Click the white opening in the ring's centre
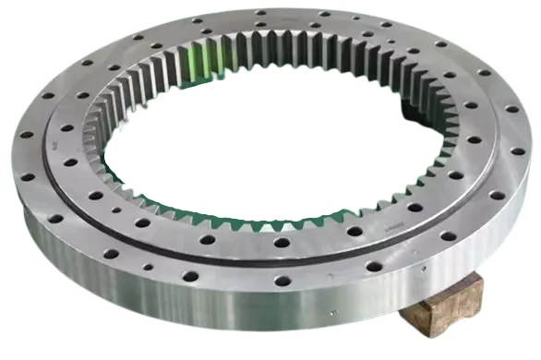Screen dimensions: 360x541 (x=277, y=152)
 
